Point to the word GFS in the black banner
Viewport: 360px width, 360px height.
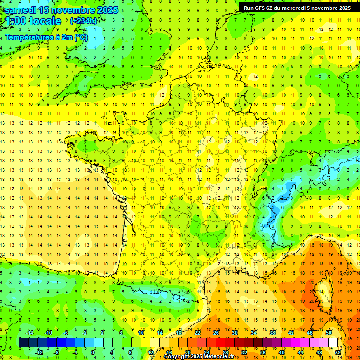pyautogui.click(x=261, y=7)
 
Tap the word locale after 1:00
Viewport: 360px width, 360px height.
pyautogui.click(x=45, y=21)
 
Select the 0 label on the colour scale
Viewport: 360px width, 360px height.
pyautogui.click(x=93, y=352)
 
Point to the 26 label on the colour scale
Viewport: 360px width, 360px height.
pyautogui.click(x=216, y=332)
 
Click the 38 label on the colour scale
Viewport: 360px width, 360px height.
pyautogui.click(x=272, y=332)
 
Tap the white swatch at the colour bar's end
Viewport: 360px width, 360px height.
pyautogui.click(x=333, y=342)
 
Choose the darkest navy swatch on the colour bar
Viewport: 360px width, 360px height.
pyautogui.click(x=23, y=342)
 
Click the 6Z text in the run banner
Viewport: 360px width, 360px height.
pyautogui.click(x=270, y=7)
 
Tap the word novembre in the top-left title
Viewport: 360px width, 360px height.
pyautogui.click(x=75, y=10)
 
